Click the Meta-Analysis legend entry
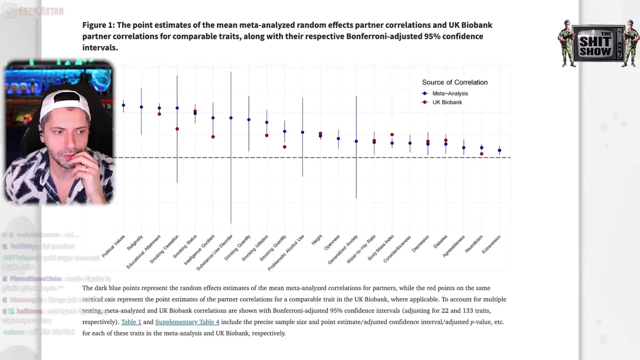449,93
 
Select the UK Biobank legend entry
446,102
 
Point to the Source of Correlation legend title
454,82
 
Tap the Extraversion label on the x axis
491,244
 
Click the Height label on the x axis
317,240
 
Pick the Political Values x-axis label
114,246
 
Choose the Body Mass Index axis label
381,247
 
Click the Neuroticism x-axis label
474,244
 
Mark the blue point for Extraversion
499,150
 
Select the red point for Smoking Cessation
177,129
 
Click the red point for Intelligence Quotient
213,137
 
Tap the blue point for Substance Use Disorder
231,118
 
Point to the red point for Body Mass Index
392,135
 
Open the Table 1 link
131,322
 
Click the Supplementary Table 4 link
187,322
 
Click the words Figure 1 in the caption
98,25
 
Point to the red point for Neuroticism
481,154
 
